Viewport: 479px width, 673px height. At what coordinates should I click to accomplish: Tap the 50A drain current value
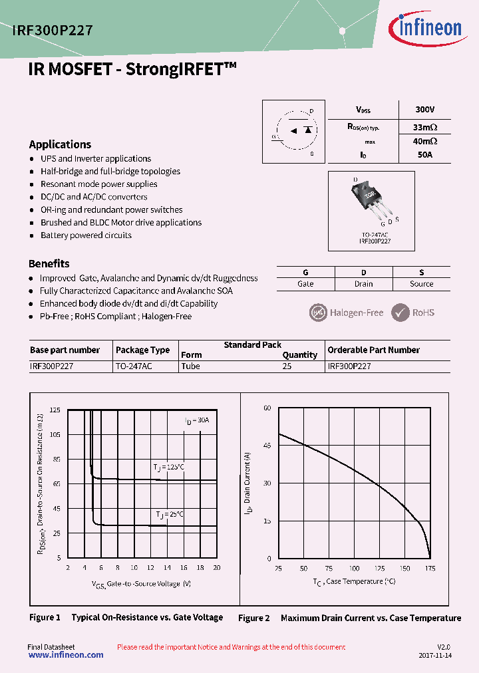coord(424,155)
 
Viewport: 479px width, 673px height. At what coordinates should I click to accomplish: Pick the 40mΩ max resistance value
coord(424,141)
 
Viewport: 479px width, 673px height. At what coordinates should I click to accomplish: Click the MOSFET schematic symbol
coord(293,131)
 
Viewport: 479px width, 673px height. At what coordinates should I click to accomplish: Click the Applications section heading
coord(60,144)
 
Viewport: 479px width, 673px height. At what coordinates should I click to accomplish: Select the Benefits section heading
coord(49,263)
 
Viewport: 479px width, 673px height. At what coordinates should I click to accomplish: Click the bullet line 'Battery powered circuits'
coord(86,235)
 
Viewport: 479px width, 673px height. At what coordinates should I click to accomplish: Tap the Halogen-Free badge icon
coord(319,312)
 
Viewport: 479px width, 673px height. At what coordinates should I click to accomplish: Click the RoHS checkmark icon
coord(400,312)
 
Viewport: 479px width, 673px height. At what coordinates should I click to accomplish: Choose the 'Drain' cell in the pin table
coord(363,284)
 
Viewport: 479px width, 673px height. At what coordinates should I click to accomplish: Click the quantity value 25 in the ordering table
coord(287,366)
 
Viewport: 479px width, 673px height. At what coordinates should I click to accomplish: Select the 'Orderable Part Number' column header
coord(373,350)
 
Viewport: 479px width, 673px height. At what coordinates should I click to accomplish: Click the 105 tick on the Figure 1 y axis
coord(55,434)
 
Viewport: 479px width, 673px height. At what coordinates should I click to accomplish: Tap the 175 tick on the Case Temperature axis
coord(430,569)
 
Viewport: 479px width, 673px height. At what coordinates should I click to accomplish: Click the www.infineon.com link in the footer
coord(66,655)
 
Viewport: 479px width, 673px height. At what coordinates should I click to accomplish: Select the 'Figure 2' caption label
coord(254,618)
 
